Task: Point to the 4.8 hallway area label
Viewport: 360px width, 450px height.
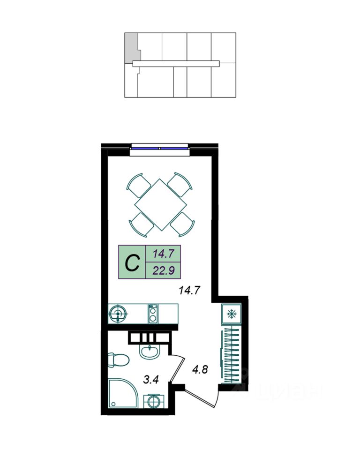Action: (x=200, y=369)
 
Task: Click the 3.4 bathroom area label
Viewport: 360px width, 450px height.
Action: (x=151, y=380)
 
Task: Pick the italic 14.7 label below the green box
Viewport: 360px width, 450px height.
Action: (x=189, y=291)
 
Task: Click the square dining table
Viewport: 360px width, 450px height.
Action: (x=161, y=204)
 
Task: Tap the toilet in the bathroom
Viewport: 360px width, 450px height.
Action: (x=118, y=360)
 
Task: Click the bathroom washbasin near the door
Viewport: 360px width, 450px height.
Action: (x=149, y=351)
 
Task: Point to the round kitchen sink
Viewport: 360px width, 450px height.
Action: (x=118, y=314)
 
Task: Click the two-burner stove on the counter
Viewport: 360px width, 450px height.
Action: (x=153, y=314)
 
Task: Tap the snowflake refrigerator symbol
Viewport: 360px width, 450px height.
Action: (x=231, y=314)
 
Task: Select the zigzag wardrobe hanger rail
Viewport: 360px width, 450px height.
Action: (x=232, y=356)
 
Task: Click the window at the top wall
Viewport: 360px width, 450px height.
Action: (x=159, y=149)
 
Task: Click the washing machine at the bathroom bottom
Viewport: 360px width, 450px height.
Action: (x=154, y=401)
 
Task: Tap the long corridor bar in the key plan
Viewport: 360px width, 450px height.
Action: (x=176, y=64)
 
